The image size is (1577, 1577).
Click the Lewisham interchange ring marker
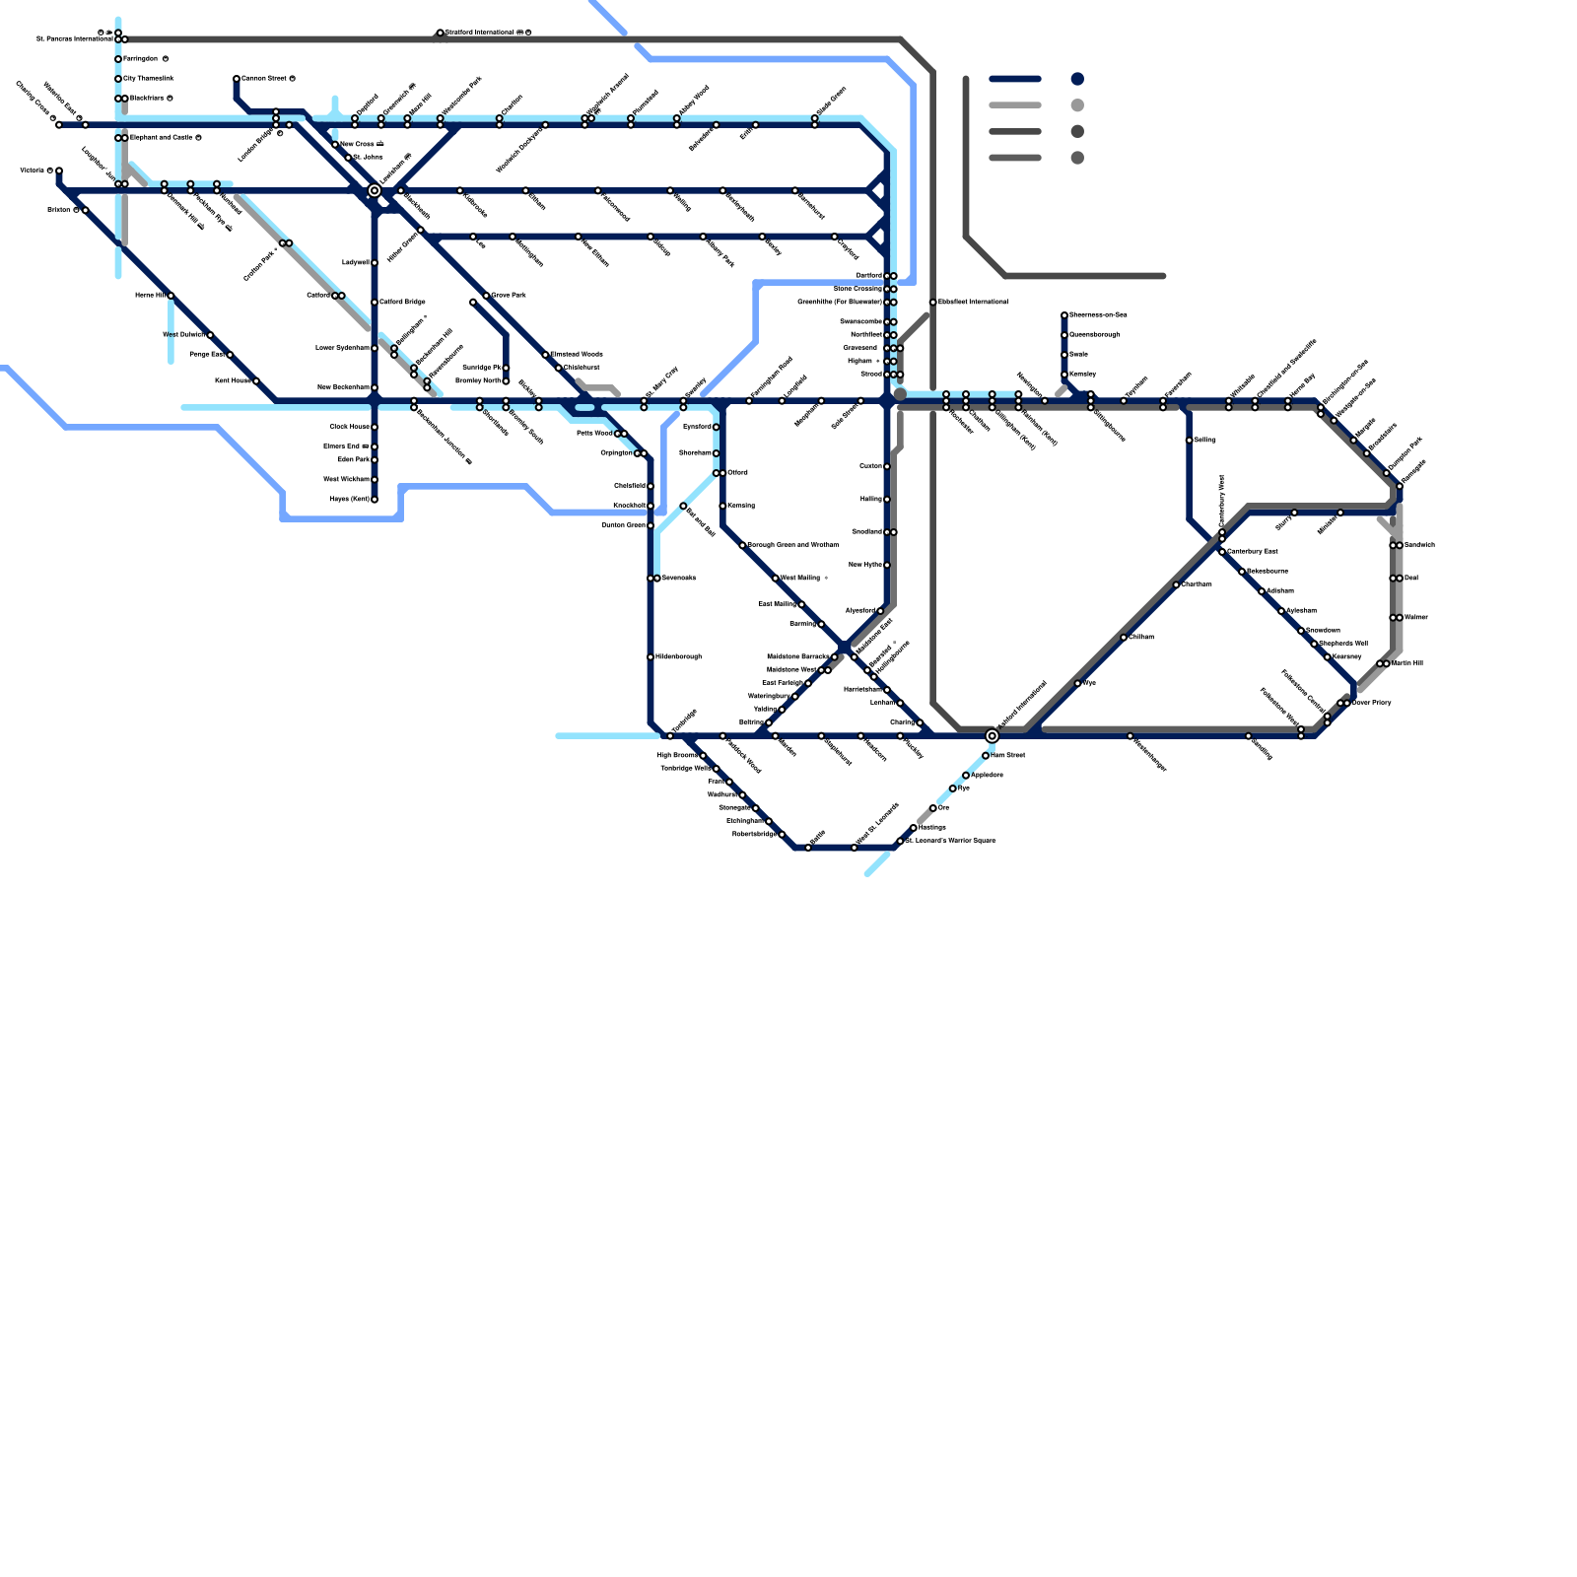pos(375,190)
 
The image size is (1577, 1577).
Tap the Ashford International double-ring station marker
pos(993,736)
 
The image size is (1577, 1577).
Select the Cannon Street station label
pos(263,79)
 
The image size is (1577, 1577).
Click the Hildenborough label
pos(679,656)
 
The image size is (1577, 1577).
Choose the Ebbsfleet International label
pos(973,302)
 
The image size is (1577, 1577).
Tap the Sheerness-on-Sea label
pos(1098,315)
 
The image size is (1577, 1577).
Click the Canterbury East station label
pos(1252,551)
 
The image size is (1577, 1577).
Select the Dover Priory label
pos(1371,703)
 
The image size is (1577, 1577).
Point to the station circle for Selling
pos(1190,441)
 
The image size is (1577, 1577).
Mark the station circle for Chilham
pos(1124,638)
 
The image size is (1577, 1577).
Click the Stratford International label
pos(484,33)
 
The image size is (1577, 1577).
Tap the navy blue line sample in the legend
pos(1015,79)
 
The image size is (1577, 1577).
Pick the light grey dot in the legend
pos(1077,105)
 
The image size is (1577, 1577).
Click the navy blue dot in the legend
pos(1077,79)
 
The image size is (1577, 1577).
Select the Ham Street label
pos(1007,755)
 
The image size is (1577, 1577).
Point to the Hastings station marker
pos(914,828)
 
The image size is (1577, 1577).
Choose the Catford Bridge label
pos(402,302)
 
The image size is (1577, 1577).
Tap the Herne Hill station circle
pos(171,296)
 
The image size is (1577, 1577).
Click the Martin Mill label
pos(1407,663)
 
